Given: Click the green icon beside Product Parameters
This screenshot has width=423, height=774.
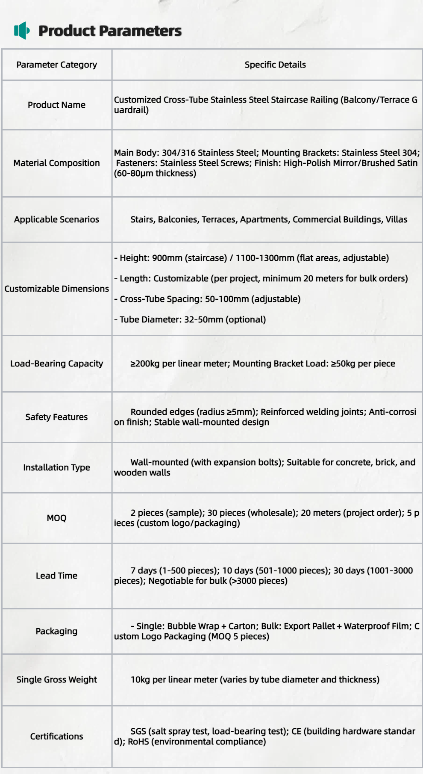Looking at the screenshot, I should pos(22,30).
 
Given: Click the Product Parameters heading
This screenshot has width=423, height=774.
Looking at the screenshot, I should pos(110,31).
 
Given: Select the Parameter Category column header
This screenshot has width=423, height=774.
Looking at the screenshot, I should pos(56,65).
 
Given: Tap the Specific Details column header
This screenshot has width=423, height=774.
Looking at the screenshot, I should pos(275,65).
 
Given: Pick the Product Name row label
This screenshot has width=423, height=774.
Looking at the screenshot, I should pos(56,105).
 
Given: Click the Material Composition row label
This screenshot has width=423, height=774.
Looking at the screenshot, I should pos(56,163).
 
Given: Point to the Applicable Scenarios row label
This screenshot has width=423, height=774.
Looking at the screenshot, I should pos(56,219).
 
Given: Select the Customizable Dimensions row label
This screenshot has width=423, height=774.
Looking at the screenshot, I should pos(56,289).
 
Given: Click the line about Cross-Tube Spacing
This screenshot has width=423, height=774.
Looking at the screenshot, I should pos(207,299).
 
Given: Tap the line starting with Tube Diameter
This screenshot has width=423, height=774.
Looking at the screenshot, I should pos(190,319).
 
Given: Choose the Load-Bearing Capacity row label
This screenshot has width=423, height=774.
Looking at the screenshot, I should pos(56,363).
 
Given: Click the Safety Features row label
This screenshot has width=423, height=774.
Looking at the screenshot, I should pos(56,417).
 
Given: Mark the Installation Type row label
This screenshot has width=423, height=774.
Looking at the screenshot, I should pos(56,467).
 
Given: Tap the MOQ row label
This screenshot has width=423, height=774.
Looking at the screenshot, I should pos(56,518).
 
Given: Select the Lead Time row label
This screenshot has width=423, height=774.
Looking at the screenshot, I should pos(56,576).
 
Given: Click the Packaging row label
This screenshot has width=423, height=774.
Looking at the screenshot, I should pos(56,631).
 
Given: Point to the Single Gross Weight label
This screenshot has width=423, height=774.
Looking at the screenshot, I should pos(56,679).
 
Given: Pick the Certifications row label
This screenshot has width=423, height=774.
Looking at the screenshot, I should pos(56,736).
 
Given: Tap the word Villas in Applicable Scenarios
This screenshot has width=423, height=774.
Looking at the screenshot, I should pos(397,219).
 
